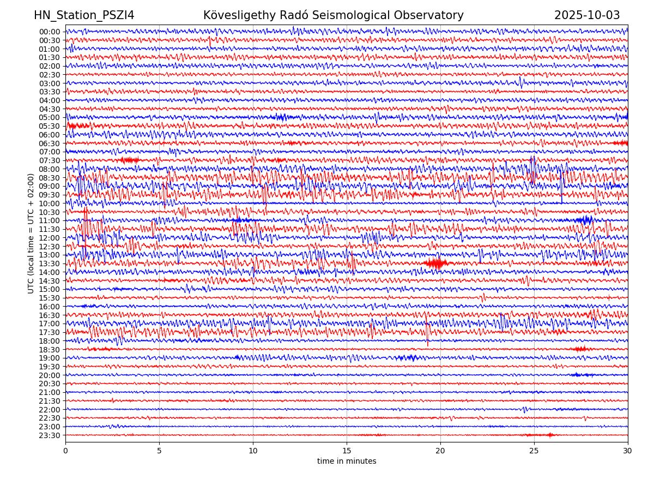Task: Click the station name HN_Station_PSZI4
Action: point(84,15)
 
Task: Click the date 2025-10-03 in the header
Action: point(587,15)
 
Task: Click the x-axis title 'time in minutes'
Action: point(347,461)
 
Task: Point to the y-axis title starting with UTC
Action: point(31,233)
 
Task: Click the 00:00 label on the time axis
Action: point(49,32)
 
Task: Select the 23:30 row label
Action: point(49,435)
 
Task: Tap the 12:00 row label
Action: point(49,238)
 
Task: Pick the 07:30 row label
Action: point(49,160)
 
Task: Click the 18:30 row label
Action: point(49,349)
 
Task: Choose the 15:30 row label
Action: point(49,298)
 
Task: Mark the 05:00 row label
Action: point(49,117)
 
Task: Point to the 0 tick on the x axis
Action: point(65,451)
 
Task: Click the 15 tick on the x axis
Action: point(347,451)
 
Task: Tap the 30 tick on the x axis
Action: point(628,451)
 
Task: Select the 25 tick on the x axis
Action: point(534,451)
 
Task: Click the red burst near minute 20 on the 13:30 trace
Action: point(435,264)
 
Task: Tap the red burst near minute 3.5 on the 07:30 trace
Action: point(130,160)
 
